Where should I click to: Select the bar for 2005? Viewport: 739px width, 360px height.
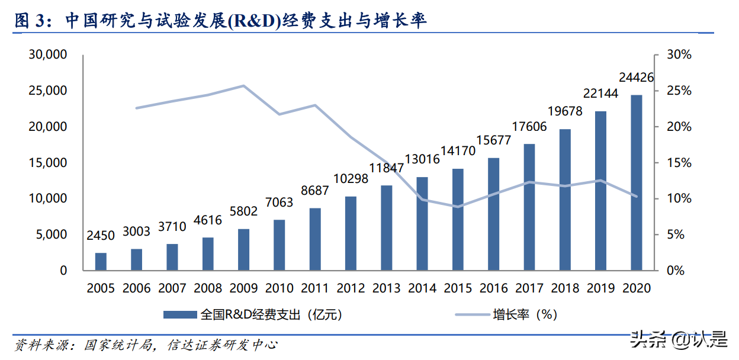[x=101, y=262]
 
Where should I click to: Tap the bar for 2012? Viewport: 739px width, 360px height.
[x=351, y=233]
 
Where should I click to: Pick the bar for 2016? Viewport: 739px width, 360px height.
[x=494, y=214]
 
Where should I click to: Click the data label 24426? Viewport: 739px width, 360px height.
[x=636, y=78]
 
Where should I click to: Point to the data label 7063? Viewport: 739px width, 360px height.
[x=279, y=202]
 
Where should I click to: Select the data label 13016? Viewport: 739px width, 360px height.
[x=422, y=159]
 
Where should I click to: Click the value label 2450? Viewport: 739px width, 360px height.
[x=101, y=236]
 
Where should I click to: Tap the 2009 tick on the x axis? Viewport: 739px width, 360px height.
[x=244, y=288]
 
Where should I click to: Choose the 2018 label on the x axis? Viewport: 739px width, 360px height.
[x=565, y=288]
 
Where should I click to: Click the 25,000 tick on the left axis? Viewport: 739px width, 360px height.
[x=48, y=91]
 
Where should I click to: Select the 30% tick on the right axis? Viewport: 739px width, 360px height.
[x=679, y=54]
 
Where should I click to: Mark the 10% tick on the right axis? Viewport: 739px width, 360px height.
[x=679, y=198]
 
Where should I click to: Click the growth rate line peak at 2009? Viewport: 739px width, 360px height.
[x=244, y=86]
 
